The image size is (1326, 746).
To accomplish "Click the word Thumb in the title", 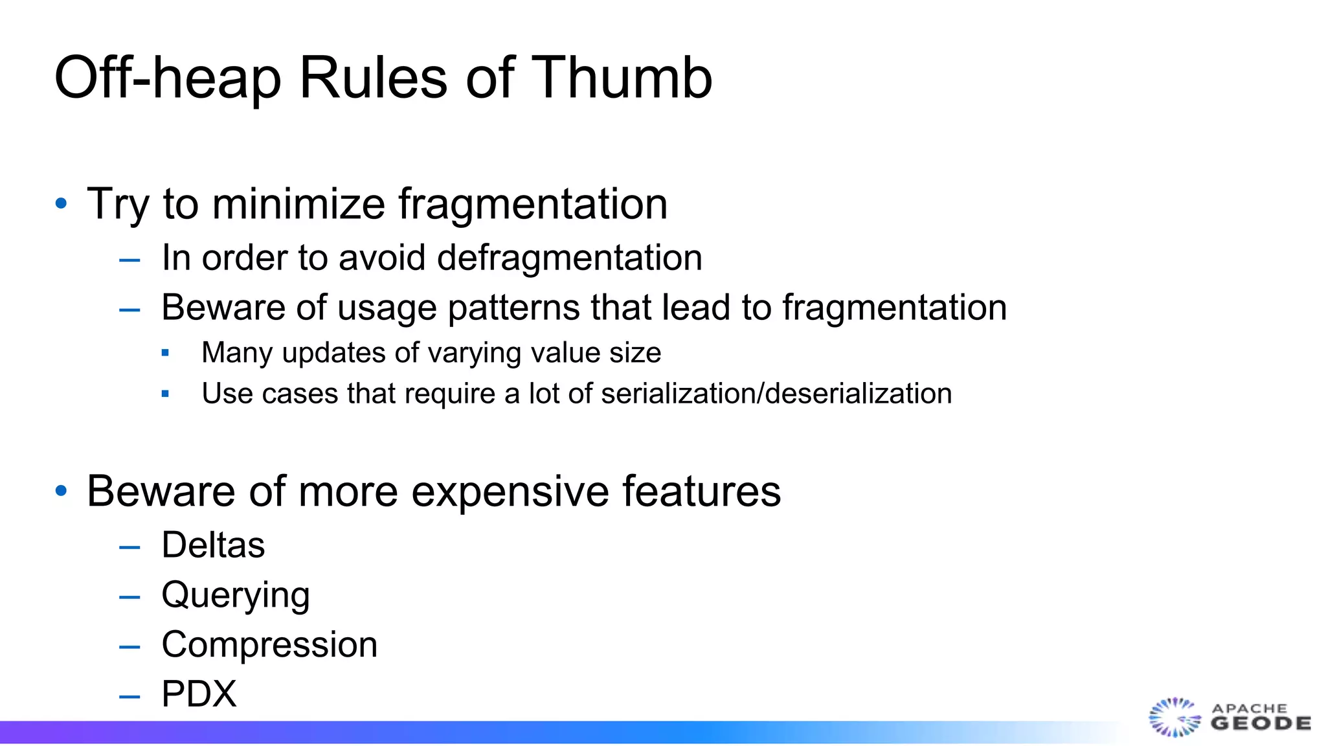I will click(x=622, y=78).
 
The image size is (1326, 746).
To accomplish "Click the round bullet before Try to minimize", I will click(x=62, y=204).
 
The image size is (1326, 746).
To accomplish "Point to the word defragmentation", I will click(x=570, y=258).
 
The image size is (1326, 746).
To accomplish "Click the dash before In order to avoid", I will click(x=129, y=260).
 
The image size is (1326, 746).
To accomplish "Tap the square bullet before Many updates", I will click(x=165, y=353).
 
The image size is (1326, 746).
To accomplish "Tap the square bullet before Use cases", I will click(x=165, y=394).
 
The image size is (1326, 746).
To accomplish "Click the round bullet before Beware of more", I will click(x=62, y=491).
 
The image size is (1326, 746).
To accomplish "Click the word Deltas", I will click(x=213, y=545).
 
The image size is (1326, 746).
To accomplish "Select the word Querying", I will click(x=236, y=595).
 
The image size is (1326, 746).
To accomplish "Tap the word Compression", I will click(x=269, y=645).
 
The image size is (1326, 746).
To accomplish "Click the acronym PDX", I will click(x=199, y=694).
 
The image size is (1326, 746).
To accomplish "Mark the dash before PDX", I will click(x=129, y=697).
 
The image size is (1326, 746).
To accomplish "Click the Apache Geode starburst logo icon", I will click(x=1173, y=717).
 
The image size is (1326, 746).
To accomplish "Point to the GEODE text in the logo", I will click(x=1261, y=723).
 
